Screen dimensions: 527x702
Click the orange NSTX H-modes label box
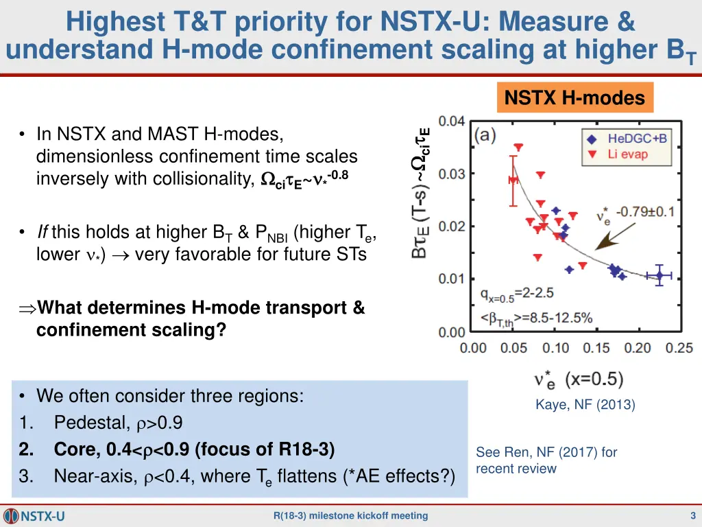click(x=575, y=98)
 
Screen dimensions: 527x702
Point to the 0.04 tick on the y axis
click(x=452, y=121)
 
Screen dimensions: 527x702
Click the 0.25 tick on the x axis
click(x=679, y=349)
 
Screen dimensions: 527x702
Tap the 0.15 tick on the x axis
click(x=597, y=349)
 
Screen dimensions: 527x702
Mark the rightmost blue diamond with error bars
click(x=659, y=276)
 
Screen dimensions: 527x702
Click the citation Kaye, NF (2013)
click(x=585, y=405)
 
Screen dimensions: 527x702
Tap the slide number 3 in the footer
click(x=693, y=516)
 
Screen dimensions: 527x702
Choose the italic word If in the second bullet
click(x=43, y=233)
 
